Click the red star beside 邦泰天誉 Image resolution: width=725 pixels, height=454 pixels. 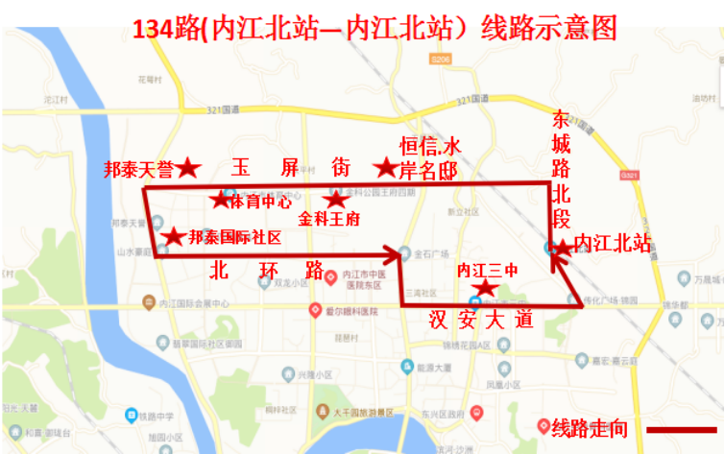(188, 169)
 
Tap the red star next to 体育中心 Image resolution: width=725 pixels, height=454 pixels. (221, 200)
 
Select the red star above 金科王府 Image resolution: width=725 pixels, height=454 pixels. (335, 200)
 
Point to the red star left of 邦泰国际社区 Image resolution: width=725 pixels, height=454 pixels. (174, 236)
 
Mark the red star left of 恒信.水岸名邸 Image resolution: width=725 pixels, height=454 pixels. (386, 169)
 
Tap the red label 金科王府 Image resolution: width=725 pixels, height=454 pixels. (328, 219)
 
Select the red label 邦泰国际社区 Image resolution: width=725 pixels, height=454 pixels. (234, 237)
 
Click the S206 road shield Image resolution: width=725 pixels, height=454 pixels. (441, 60)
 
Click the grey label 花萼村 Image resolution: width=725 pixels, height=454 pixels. (146, 79)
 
